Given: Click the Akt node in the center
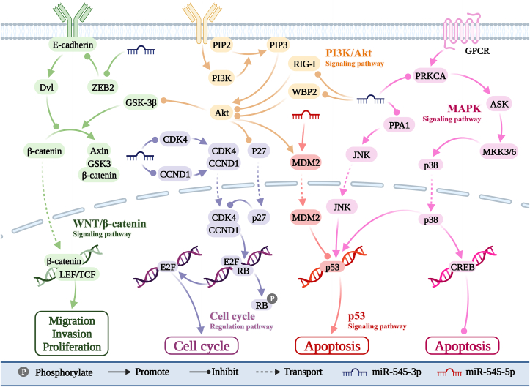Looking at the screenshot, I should (x=221, y=113).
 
